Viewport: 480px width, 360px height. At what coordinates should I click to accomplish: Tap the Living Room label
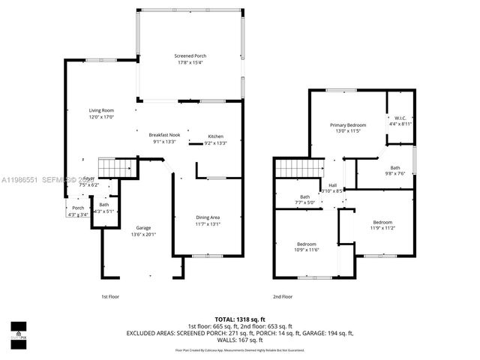pos(101,110)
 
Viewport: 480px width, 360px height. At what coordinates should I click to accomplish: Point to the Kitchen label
pos(215,136)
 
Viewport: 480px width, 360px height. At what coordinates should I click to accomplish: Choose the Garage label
pos(143,227)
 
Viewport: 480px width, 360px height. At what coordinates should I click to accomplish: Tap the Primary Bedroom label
pos(350,124)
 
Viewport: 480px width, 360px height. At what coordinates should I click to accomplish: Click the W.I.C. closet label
pos(400,118)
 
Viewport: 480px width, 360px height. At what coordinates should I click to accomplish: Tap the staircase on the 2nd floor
pos(298,169)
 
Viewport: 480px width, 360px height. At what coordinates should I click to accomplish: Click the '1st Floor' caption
pos(110,296)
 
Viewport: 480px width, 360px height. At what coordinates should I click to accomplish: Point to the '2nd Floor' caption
pos(282,296)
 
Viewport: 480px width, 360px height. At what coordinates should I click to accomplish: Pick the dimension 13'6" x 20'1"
pos(143,234)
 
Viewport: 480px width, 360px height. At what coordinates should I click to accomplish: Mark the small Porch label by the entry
pos(78,208)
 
